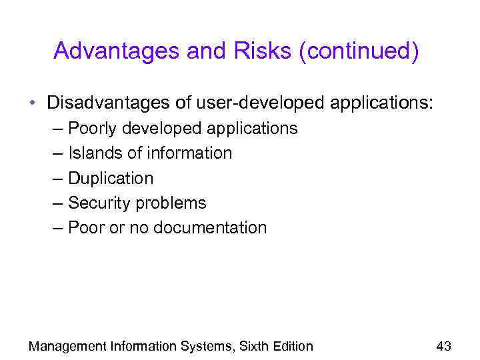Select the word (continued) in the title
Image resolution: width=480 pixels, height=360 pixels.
(359, 51)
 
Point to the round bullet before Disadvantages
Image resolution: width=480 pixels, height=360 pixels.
(32, 104)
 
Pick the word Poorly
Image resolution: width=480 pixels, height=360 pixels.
(91, 128)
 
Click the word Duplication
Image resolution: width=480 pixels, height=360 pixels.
(111, 178)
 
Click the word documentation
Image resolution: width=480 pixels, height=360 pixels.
(210, 227)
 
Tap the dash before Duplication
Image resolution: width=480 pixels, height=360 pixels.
(59, 178)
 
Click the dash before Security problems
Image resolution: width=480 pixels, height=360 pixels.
(59, 203)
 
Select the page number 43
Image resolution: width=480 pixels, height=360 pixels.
(443, 346)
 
